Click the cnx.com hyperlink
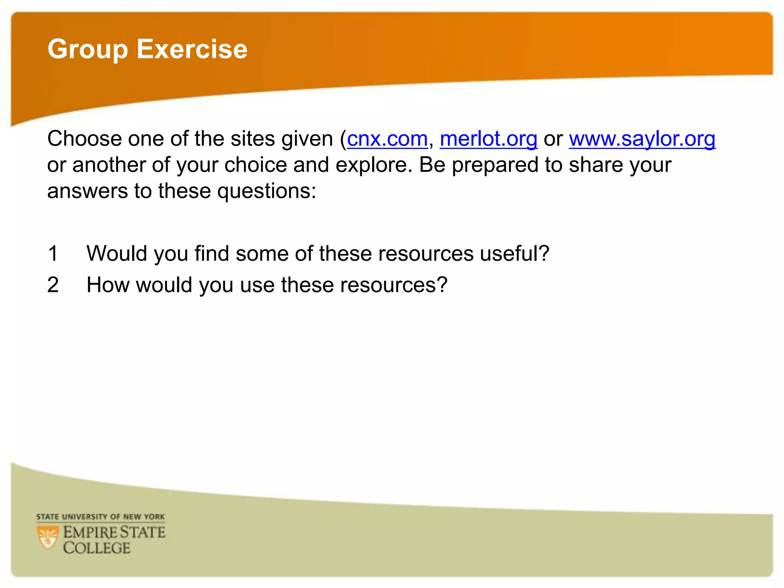pyautogui.click(x=387, y=139)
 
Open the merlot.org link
pyautogui.click(x=488, y=139)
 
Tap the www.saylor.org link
pyautogui.click(x=642, y=139)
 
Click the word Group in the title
pyautogui.click(x=88, y=50)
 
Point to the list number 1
pyautogui.click(x=53, y=253)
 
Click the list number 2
pyautogui.click(x=53, y=285)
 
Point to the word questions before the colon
pyautogui.click(x=264, y=191)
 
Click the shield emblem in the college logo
pyautogui.click(x=48, y=537)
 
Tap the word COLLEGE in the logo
pyautogui.click(x=97, y=548)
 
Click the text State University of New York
pyautogui.click(x=101, y=517)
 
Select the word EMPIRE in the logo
pyautogui.click(x=90, y=532)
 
